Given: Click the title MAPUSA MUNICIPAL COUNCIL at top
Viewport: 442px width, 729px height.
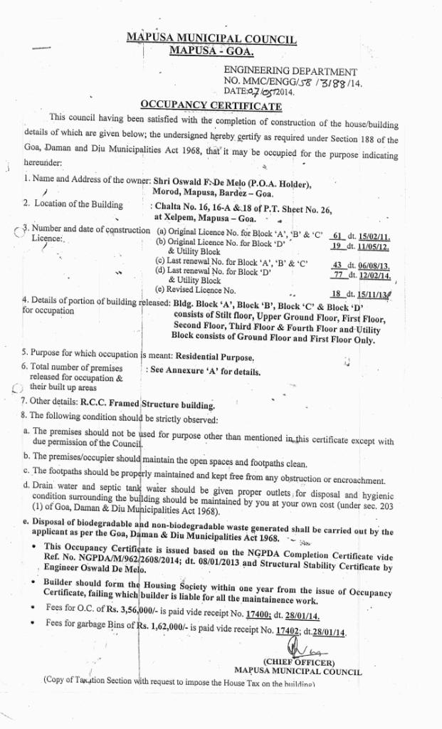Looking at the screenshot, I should [211, 39].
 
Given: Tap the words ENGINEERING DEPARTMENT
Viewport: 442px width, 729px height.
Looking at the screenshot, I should [290, 72].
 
